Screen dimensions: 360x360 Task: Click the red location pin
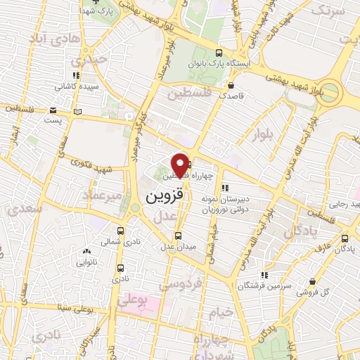pos(180,165)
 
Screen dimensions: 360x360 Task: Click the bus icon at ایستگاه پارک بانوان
pos(219,53)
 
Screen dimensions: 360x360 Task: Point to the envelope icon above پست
pos(53,110)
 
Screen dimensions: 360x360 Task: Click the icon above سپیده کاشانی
pos(75,75)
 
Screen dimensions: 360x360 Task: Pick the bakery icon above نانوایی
pos(86,251)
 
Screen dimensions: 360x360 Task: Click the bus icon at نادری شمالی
pos(121,230)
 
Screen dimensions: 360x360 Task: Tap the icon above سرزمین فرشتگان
pos(264,275)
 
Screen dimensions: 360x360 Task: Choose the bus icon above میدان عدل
pos(177,236)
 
